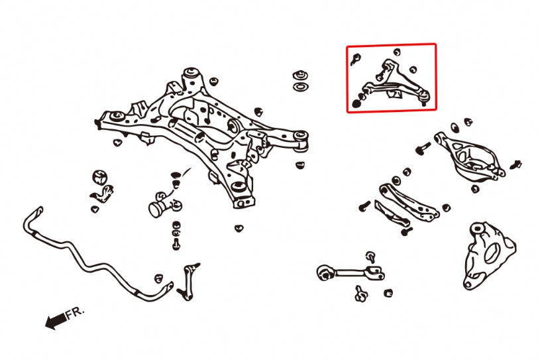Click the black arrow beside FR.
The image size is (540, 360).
(55, 322)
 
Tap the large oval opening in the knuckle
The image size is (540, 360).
(492, 253)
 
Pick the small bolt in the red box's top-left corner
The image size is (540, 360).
(355, 58)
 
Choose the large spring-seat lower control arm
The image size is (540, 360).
(470, 156)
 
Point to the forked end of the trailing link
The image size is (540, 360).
(374, 272)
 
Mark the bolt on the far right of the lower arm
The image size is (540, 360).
(515, 164)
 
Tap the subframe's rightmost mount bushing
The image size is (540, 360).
(301, 137)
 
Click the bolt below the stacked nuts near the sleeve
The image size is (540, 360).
(176, 245)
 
